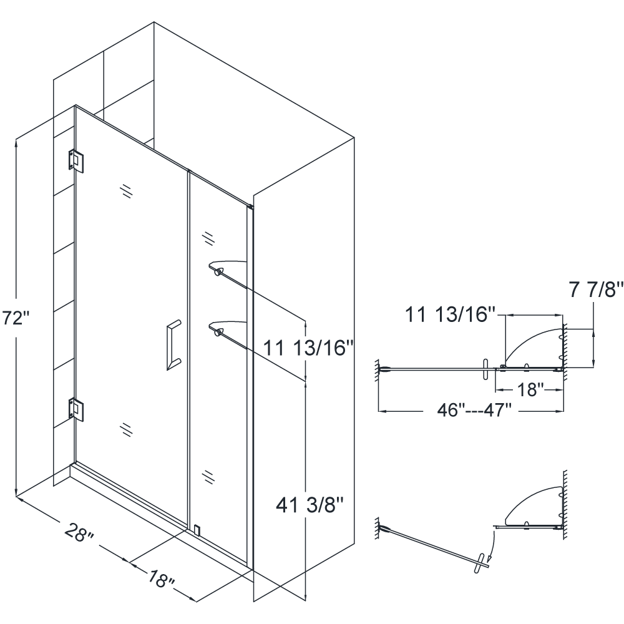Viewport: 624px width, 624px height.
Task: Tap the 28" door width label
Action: pos(80,534)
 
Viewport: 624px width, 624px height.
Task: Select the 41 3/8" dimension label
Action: pos(310,505)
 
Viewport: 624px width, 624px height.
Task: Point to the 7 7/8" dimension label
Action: pos(595,290)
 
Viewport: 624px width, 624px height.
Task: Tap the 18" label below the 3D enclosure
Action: pos(160,580)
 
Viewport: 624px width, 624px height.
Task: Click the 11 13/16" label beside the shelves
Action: pos(308,348)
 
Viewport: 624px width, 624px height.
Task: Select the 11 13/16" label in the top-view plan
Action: pos(451,315)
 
